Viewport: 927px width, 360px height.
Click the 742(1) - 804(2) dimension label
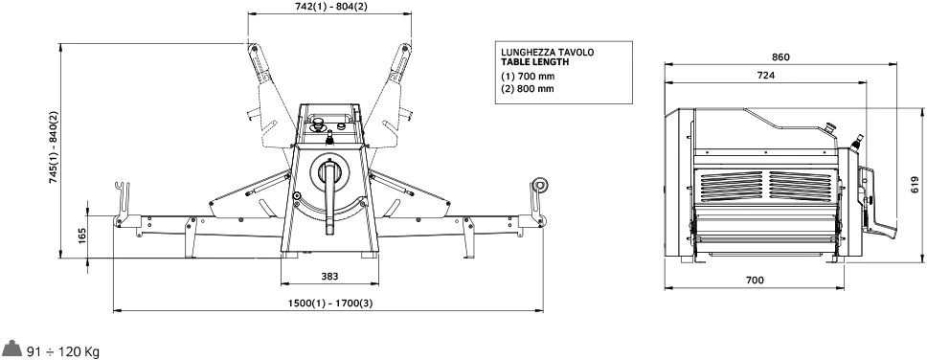pos(330,7)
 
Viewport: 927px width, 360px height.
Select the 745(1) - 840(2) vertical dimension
pos(54,146)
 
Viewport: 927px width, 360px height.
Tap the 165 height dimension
pos(81,236)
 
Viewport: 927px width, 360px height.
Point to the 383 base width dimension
pos(329,277)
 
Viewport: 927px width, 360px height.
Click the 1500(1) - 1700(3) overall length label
pos(330,304)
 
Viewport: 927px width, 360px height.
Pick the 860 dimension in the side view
pos(780,57)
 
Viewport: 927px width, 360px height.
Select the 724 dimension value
pos(765,75)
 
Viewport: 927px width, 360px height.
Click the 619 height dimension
pos(915,185)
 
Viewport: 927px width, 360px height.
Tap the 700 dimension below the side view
pos(755,281)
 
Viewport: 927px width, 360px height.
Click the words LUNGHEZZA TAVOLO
pos(548,52)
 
